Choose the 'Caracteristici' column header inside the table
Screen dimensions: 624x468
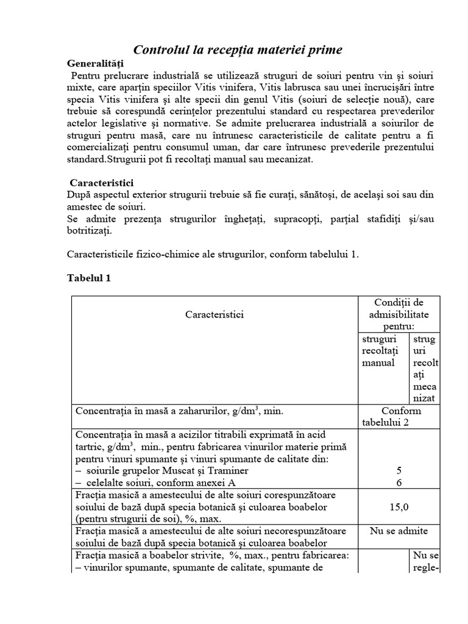[x=214, y=314]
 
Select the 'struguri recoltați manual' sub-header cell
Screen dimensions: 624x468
[x=379, y=350]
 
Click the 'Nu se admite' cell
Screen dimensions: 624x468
[x=399, y=531]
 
